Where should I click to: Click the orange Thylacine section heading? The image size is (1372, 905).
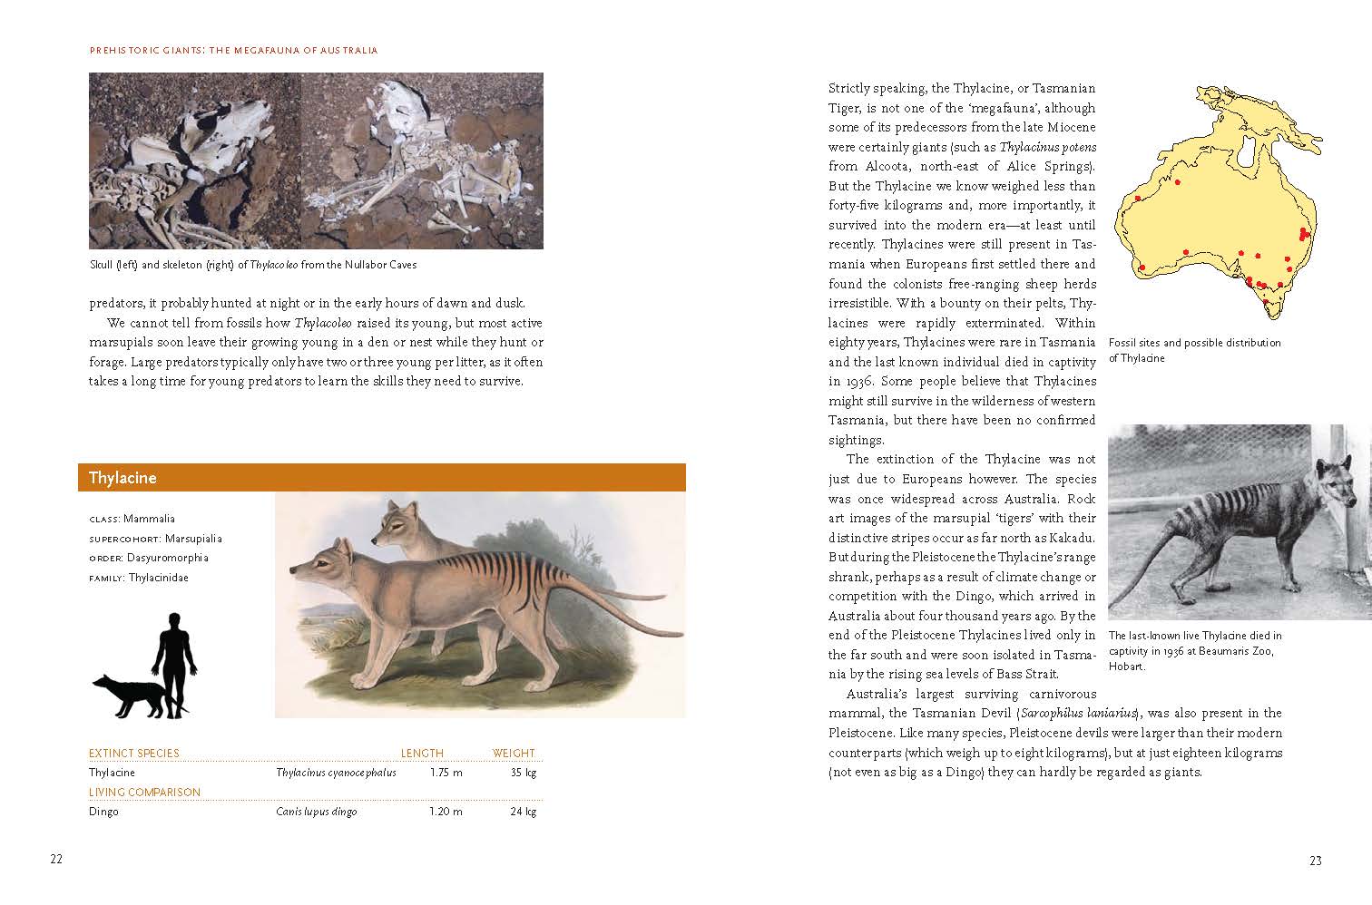[122, 478]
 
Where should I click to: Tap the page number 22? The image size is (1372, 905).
[56, 860]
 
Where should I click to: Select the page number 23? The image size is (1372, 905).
[1315, 861]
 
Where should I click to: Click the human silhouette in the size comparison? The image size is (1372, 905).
[174, 662]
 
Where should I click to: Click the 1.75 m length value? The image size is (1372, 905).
[446, 773]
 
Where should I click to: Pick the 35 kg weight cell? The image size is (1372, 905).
[523, 773]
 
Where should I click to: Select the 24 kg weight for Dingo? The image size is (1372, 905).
[523, 812]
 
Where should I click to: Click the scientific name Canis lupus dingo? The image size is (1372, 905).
[316, 812]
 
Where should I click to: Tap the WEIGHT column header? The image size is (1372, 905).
[514, 753]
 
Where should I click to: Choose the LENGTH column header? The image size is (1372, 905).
[422, 753]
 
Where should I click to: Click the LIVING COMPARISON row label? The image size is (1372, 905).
[144, 792]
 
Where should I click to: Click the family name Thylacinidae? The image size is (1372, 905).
[159, 578]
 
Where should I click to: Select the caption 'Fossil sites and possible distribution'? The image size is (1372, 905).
[1194, 343]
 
